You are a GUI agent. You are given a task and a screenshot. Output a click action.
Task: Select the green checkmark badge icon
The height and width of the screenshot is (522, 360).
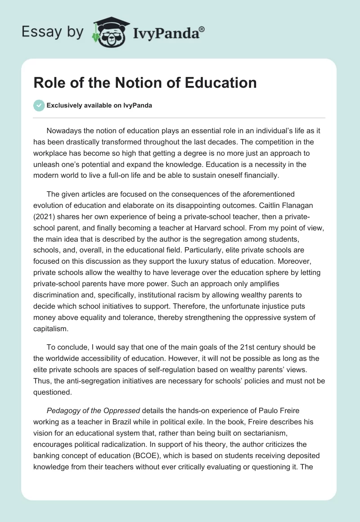(39, 105)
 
